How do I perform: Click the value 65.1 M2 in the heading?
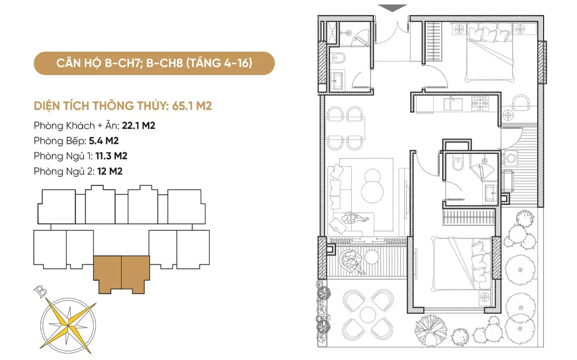click(x=192, y=106)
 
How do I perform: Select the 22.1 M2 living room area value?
click(x=138, y=126)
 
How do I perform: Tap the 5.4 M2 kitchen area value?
click(x=104, y=141)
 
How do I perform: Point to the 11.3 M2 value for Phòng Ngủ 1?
click(x=111, y=156)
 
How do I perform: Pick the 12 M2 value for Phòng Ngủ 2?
click(x=110, y=171)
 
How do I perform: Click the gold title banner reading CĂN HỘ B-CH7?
click(x=154, y=63)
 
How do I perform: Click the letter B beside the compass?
click(x=40, y=291)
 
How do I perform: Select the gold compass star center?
click(x=68, y=326)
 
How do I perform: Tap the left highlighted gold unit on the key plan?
click(x=107, y=274)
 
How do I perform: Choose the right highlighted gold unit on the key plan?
click(x=135, y=274)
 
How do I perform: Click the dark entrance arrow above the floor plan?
click(x=392, y=8)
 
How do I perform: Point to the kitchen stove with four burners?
click(x=480, y=104)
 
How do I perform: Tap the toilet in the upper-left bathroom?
click(x=338, y=57)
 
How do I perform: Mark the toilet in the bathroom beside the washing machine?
click(x=458, y=163)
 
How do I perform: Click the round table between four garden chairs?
click(x=368, y=315)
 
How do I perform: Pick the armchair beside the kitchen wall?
click(x=521, y=102)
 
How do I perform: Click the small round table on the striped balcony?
click(x=372, y=257)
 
